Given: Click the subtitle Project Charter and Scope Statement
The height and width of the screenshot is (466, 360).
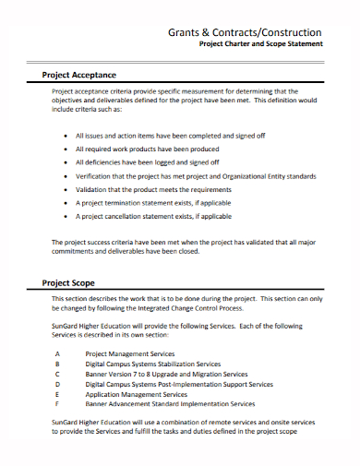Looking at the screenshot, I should click(261, 43).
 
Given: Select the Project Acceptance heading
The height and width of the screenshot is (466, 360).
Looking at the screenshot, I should click(79, 75).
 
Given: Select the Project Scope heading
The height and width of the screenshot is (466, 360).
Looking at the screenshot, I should click(69, 282).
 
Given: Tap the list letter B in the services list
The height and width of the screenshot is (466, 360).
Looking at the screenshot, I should click(57, 364).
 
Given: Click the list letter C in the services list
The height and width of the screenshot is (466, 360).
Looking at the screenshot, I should click(57, 374).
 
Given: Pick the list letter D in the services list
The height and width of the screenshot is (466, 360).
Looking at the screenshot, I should click(57, 384).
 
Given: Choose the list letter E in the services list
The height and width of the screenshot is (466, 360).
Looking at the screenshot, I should click(57, 394).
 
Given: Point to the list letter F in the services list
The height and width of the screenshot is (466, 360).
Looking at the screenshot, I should click(57, 404).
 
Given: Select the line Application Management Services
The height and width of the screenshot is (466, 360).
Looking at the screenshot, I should click(137, 394).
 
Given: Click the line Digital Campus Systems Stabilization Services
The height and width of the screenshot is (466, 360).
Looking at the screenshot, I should click(153, 364).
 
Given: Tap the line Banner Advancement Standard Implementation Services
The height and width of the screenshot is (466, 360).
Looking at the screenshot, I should click(170, 404).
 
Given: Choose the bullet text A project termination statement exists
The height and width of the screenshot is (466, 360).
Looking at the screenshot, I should click(153, 202).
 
